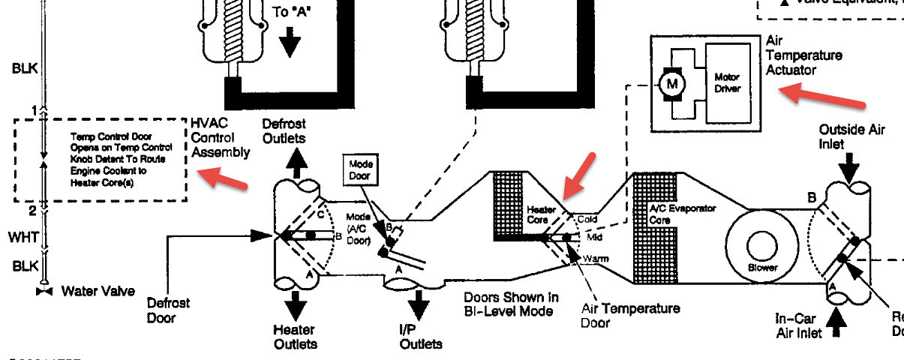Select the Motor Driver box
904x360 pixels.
pos(727,82)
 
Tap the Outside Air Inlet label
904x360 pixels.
pos(851,136)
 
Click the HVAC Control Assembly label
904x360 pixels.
pos(220,137)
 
